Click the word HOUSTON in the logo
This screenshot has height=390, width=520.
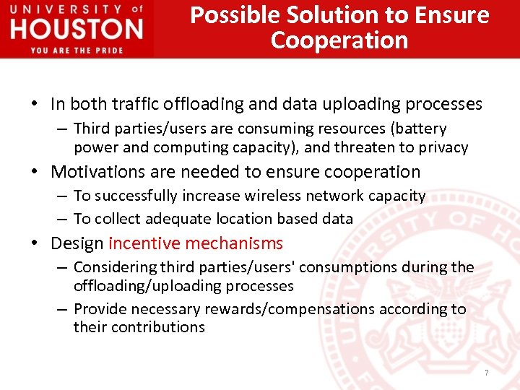pos(77,29)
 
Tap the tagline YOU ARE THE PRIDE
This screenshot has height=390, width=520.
pos(77,49)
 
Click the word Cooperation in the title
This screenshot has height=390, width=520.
pos(339,40)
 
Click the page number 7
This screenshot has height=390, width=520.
pos(487,373)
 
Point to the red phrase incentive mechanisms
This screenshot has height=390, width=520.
pos(196,243)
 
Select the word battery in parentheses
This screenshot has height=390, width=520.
pos(420,129)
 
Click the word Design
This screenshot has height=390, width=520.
pos(77,243)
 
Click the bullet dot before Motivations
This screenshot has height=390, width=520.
pos(35,172)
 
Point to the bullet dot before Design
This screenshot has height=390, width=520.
pos(35,243)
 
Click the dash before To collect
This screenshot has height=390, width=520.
pos(62,219)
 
